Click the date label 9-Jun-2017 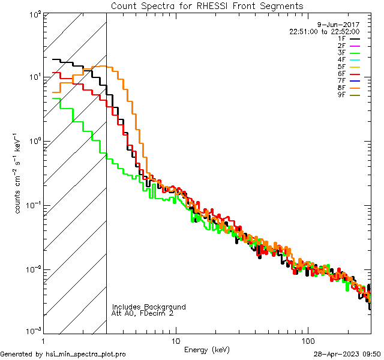point(343,25)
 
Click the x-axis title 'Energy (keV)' point(207,350)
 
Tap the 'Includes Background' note point(149,307)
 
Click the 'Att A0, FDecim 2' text point(143,313)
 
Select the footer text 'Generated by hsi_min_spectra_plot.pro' point(64,354)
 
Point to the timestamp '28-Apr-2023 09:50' point(347,354)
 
